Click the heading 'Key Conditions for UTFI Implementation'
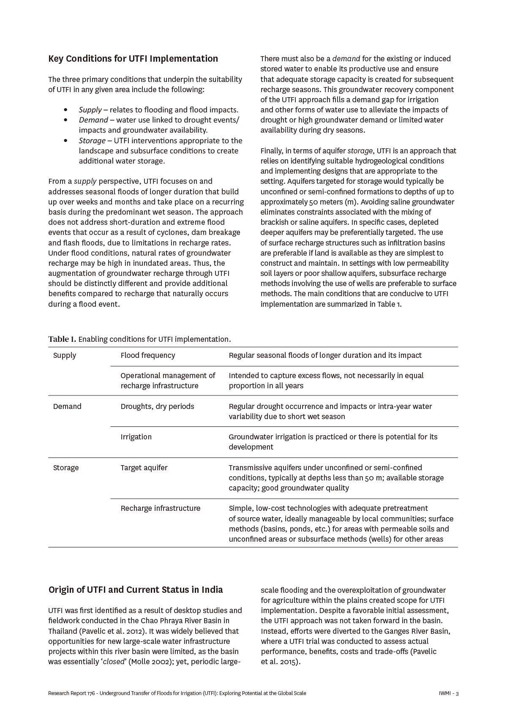(133, 59)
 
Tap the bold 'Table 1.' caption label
(62, 339)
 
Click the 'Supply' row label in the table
(65, 355)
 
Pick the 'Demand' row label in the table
(67, 406)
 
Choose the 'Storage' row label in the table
(66, 468)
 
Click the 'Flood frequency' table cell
(147, 355)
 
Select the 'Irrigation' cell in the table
(136, 437)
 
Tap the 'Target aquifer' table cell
(144, 468)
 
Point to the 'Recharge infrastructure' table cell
(161, 508)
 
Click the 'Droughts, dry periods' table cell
(157, 406)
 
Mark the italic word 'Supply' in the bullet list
(90, 110)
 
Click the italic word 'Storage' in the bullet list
(92, 141)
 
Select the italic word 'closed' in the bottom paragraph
(113, 662)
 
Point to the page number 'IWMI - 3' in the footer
(449, 693)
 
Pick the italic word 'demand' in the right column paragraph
(346, 59)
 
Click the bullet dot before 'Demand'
(65, 120)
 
